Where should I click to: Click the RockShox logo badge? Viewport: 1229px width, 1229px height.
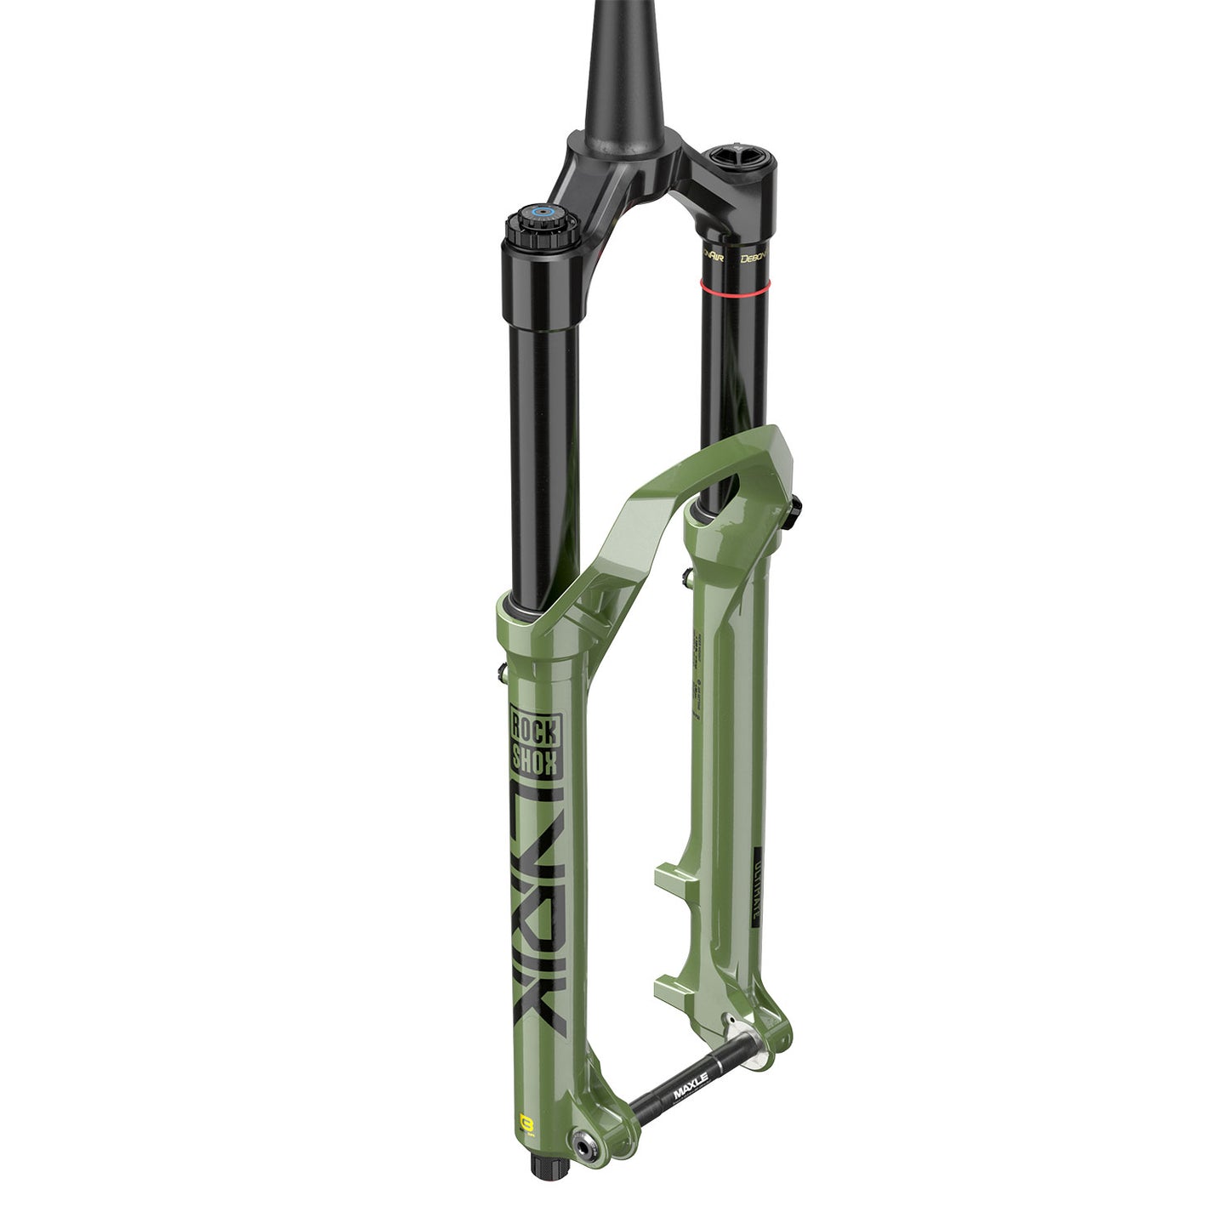533,741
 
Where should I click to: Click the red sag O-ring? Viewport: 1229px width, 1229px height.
733,283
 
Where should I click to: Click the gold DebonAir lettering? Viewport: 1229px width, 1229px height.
754,257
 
